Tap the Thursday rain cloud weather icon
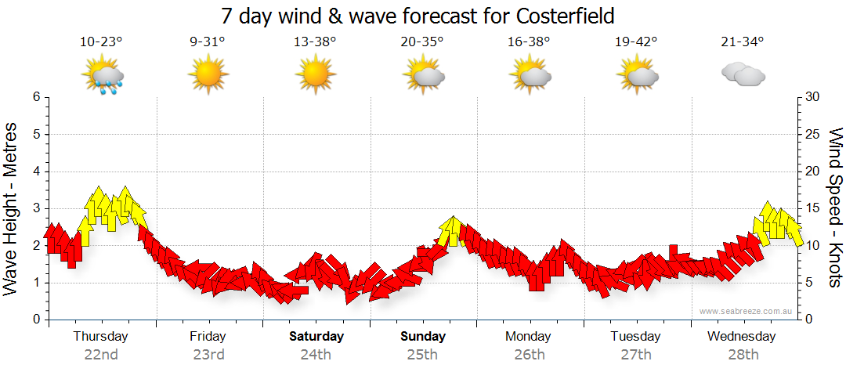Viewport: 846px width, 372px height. pyautogui.click(x=103, y=76)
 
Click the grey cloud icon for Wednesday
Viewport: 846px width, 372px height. pyautogui.click(x=743, y=74)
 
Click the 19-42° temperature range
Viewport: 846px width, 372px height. pyautogui.click(x=636, y=42)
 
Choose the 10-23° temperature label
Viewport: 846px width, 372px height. pyautogui.click(x=102, y=42)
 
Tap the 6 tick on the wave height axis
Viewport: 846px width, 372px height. pyautogui.click(x=36, y=97)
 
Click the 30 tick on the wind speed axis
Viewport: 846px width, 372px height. pyautogui.click(x=812, y=97)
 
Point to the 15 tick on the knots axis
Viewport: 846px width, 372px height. pyautogui.click(x=812, y=208)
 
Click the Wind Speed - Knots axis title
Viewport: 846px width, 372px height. pyautogui.click(x=835, y=208)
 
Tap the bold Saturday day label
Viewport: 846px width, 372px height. pyautogui.click(x=316, y=337)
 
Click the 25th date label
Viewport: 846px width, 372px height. pyautogui.click(x=423, y=355)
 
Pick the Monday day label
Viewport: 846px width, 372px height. pyautogui.click(x=528, y=337)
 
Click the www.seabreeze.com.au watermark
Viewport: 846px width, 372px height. pyautogui.click(x=747, y=311)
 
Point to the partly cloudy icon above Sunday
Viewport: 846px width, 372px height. pyautogui.click(x=423, y=76)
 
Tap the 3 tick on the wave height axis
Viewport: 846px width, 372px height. pyautogui.click(x=36, y=208)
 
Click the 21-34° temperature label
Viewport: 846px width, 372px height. pyautogui.click(x=742, y=42)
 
